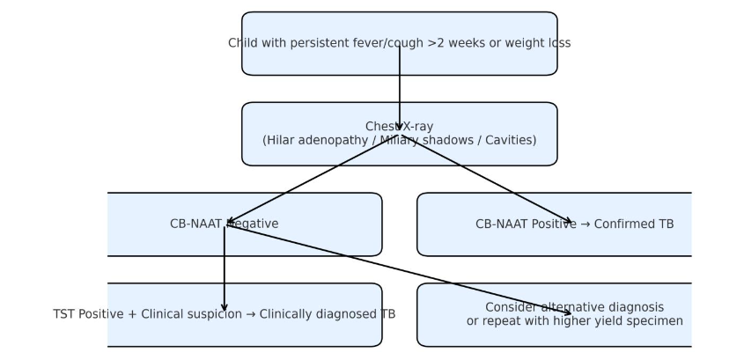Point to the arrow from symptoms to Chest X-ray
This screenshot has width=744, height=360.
tap(400, 88)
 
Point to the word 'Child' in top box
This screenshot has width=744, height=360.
tap(243, 43)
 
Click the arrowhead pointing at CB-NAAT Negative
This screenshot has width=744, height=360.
tap(229, 223)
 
